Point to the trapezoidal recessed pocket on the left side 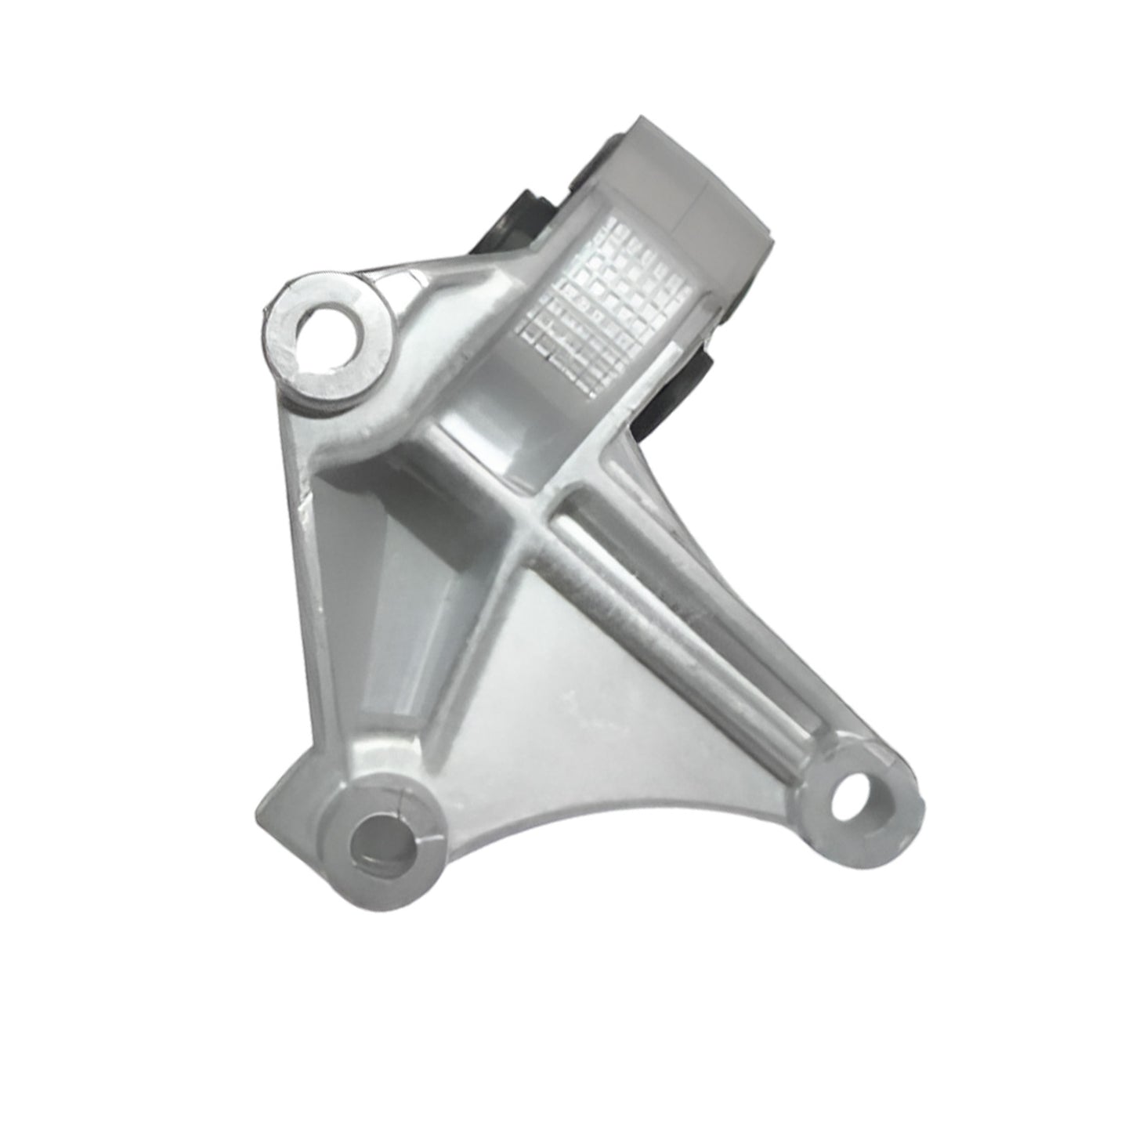click(368, 595)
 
